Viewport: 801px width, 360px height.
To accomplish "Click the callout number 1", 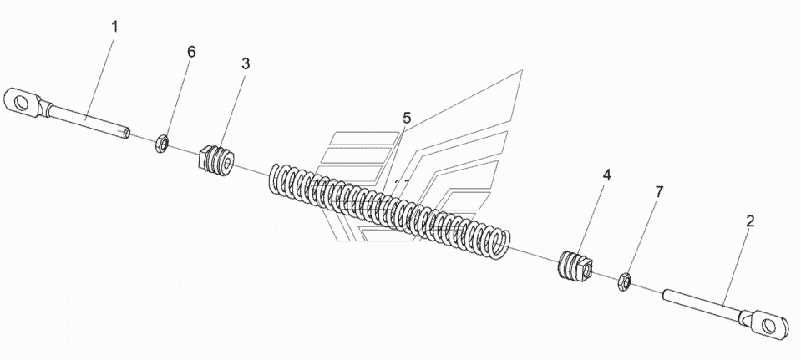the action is click(x=114, y=27).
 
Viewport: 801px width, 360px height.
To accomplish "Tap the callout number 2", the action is click(x=750, y=221).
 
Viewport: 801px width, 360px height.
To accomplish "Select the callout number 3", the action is click(x=246, y=63).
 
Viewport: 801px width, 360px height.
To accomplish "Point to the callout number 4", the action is click(x=606, y=175).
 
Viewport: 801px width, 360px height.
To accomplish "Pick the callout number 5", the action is click(x=406, y=119).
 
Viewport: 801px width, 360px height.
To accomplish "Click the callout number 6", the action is click(x=191, y=52).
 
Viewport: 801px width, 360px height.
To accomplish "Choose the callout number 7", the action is click(x=659, y=192).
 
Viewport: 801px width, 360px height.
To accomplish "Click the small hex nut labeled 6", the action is click(x=160, y=144).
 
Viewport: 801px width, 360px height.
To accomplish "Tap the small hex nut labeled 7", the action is click(x=624, y=281).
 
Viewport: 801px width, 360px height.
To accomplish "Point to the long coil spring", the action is click(x=389, y=208).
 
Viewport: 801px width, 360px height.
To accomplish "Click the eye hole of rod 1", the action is click(x=20, y=103).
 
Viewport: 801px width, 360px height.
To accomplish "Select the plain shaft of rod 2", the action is click(x=701, y=305).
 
